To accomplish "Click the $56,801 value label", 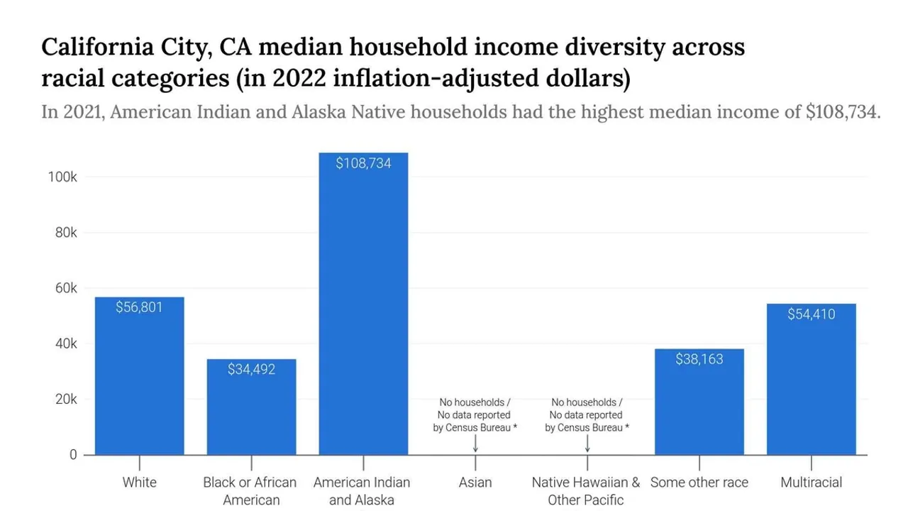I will (139, 307).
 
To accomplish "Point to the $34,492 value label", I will (251, 369).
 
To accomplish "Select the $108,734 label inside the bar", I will (363, 163).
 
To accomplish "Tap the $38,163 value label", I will (699, 359).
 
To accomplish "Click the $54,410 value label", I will (811, 314).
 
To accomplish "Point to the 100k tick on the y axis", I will (62, 177).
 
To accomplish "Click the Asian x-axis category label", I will (475, 483).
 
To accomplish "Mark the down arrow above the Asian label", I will (475, 444).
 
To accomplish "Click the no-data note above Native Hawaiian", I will (587, 415).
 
